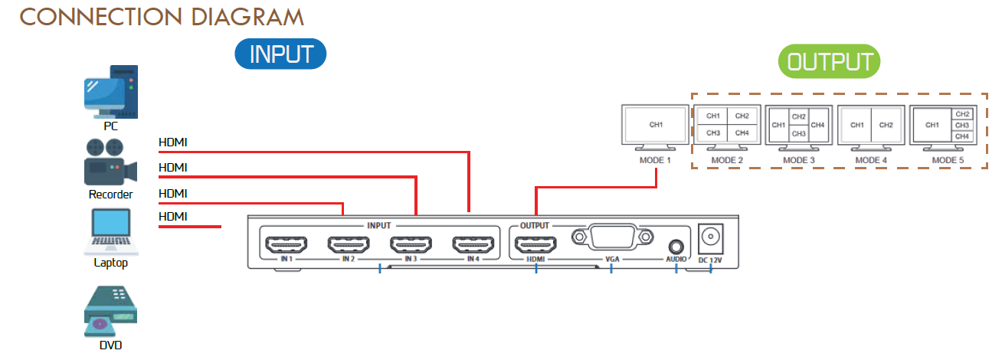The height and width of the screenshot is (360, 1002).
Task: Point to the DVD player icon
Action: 110,313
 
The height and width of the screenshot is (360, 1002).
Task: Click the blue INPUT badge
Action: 281,54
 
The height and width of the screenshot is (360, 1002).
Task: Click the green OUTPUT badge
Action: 830,62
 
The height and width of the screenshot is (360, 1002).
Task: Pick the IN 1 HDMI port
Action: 284,245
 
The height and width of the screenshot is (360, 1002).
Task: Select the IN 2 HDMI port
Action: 348,245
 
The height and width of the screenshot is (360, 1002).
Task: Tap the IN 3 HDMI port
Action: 411,245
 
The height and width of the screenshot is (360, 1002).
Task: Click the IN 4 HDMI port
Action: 474,245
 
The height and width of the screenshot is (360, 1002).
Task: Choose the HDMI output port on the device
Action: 535,245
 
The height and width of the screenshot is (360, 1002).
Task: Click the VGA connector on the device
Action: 611,237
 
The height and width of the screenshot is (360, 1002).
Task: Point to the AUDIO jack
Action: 676,246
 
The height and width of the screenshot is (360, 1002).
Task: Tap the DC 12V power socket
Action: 711,238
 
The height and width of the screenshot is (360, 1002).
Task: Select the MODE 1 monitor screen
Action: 656,124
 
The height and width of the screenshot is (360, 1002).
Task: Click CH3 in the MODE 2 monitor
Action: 713,133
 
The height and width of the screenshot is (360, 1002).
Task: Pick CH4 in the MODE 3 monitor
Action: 817,125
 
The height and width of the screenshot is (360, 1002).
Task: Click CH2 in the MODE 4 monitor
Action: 886,125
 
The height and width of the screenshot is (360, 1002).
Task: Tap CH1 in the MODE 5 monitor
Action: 932,125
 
